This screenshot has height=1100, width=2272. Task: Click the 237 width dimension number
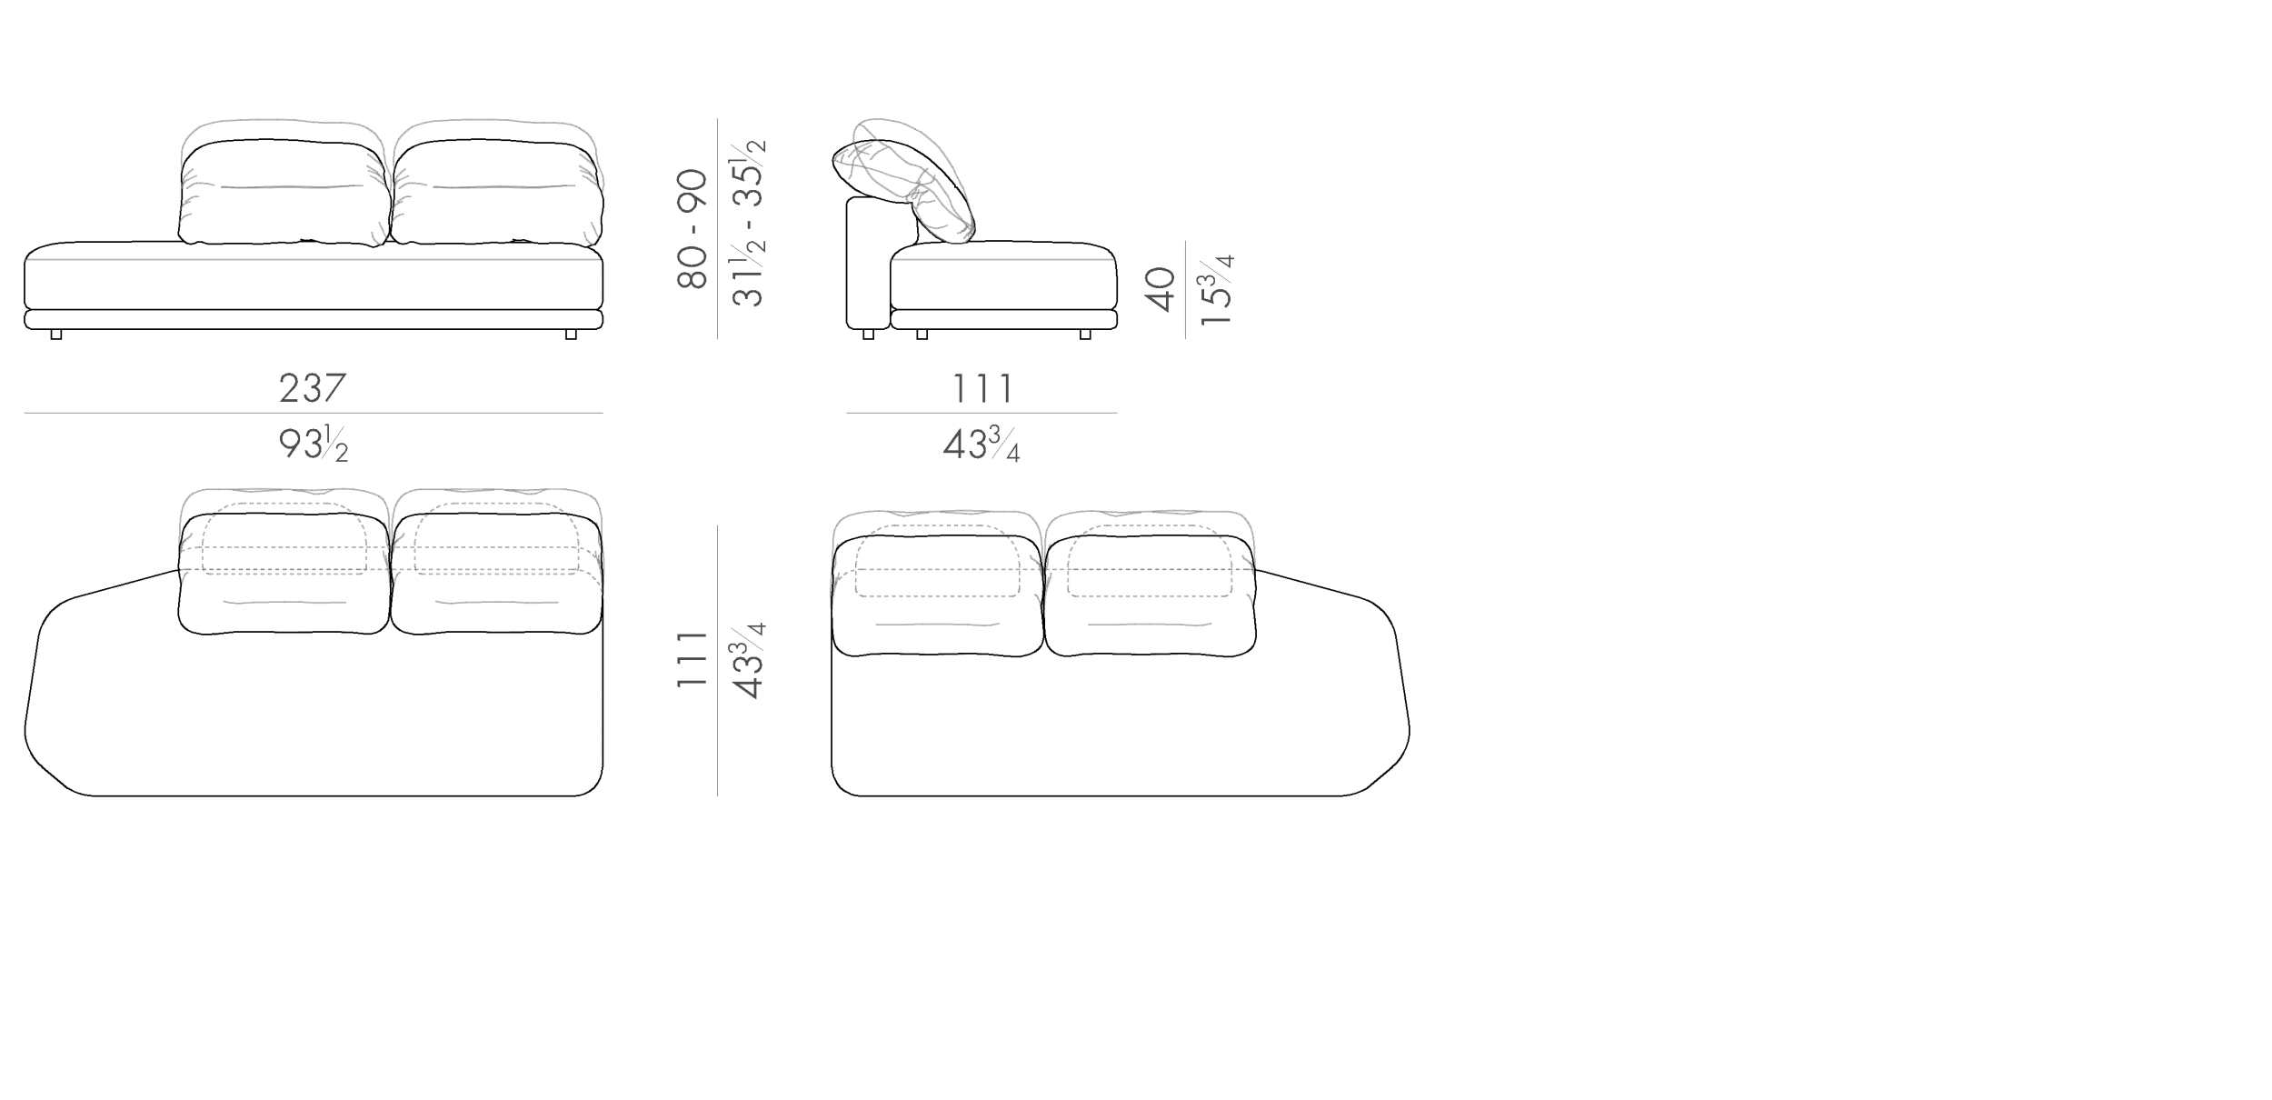click(313, 388)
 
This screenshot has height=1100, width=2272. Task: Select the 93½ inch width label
click(314, 445)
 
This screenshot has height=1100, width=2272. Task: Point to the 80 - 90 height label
click(693, 229)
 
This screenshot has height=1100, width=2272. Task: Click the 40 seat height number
click(1161, 289)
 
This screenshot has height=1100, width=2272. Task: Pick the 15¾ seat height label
click(1216, 290)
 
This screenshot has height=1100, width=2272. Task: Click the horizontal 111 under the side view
click(982, 388)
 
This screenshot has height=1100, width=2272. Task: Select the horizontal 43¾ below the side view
click(982, 445)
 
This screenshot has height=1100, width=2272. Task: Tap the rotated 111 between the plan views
click(693, 659)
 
